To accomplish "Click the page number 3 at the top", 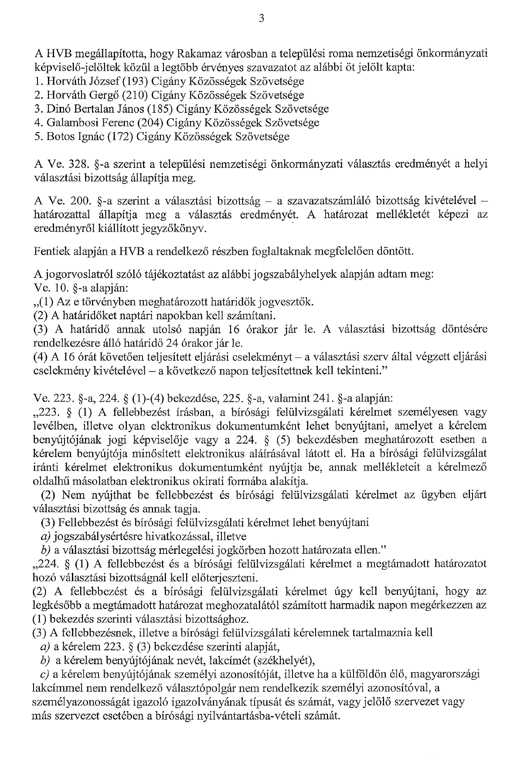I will [x=261, y=18].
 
